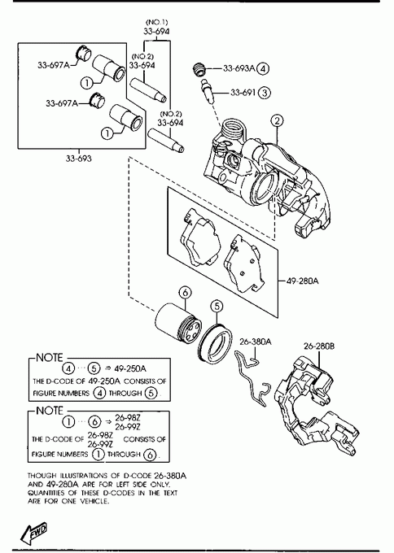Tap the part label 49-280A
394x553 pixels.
point(302,281)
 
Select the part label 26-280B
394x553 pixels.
point(319,346)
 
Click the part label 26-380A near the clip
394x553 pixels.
point(256,342)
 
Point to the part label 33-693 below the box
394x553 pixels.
point(78,159)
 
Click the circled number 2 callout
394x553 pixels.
point(277,120)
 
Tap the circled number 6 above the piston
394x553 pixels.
point(185,293)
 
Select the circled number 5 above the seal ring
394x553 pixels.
point(217,306)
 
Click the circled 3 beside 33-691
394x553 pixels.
point(265,93)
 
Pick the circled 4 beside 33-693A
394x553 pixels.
point(263,68)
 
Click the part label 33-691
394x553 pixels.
point(243,93)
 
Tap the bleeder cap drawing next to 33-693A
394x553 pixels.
point(199,69)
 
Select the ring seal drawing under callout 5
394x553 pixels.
point(215,342)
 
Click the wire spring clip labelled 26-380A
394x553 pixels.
point(252,379)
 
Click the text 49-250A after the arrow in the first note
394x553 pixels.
point(130,368)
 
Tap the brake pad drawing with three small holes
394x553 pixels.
point(244,263)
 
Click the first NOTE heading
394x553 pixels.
point(50,358)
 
